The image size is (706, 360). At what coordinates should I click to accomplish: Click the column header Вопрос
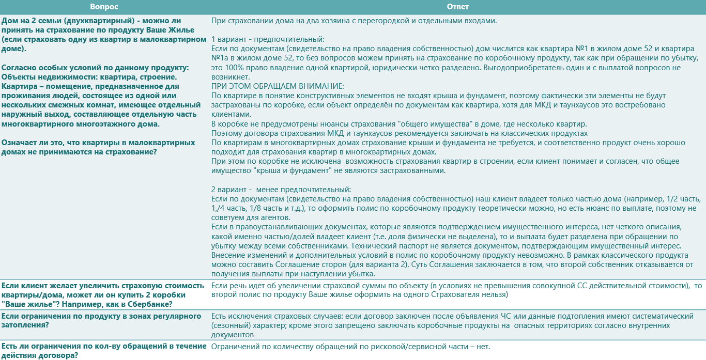[x=104, y=7]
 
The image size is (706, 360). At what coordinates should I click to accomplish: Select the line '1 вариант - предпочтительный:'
[x=268, y=39]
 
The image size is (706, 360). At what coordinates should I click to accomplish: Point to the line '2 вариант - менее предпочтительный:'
[x=281, y=189]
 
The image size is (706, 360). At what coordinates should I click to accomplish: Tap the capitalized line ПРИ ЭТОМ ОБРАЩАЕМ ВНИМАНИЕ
[x=278, y=86]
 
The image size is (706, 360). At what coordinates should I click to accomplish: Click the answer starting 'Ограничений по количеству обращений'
[x=350, y=347]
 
